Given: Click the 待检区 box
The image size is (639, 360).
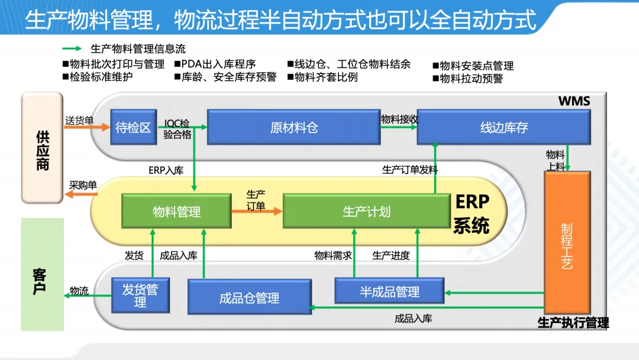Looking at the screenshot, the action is (x=133, y=127).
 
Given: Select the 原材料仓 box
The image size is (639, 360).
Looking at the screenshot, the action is (x=293, y=127).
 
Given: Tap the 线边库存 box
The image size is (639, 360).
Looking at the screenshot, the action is (x=504, y=127).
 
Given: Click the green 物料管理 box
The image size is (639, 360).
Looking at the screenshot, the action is (x=176, y=211).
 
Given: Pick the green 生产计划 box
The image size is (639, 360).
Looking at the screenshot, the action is (x=366, y=211).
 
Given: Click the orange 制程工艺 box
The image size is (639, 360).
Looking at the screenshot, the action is (x=567, y=243).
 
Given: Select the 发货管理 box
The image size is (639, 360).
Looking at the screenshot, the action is (x=140, y=295).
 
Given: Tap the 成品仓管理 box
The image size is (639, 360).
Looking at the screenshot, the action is (x=250, y=297).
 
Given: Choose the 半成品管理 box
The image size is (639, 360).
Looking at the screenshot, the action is (x=389, y=291).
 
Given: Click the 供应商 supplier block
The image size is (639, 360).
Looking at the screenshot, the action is (x=42, y=147).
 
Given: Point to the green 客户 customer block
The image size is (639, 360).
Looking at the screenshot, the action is (x=43, y=274).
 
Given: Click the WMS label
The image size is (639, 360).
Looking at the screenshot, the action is (x=574, y=101).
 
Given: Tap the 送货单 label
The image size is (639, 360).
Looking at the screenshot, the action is (x=79, y=120).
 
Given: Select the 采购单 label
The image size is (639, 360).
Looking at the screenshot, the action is (x=83, y=185).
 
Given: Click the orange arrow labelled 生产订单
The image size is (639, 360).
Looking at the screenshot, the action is (x=257, y=211).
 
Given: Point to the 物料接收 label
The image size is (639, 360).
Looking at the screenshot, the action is (x=399, y=119).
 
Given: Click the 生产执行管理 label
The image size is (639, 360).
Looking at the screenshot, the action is (x=573, y=323).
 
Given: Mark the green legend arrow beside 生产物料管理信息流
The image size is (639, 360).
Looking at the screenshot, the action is (x=72, y=49).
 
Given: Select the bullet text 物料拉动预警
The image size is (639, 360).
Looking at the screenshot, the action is (x=468, y=78).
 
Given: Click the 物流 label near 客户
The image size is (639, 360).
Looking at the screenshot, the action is (x=79, y=291).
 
